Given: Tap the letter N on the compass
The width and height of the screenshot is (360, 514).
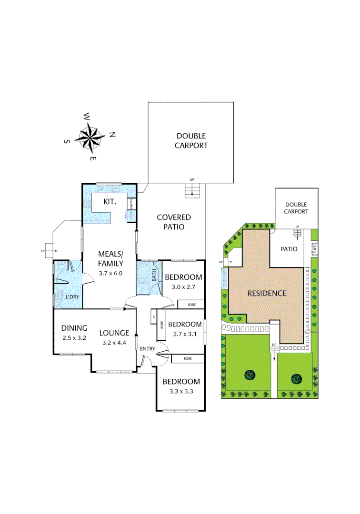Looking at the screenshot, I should (x=112, y=135).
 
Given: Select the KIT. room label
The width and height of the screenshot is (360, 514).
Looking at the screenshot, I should (x=110, y=202).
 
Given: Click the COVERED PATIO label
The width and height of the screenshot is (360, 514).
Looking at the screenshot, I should (x=174, y=222).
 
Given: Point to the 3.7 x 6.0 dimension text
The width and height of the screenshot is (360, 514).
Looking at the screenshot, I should (x=110, y=273).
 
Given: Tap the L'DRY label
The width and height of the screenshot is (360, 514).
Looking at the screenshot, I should (x=72, y=297).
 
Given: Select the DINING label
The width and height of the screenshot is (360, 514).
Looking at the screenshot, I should (x=74, y=328).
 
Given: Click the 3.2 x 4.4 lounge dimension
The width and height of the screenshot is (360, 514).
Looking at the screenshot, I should (x=114, y=342).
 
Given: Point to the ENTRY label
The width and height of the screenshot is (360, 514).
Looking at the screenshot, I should (x=148, y=349).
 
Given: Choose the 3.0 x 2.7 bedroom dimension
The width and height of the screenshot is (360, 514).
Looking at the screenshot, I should (x=183, y=287).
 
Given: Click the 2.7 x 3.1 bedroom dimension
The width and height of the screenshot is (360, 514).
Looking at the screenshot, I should (x=183, y=334).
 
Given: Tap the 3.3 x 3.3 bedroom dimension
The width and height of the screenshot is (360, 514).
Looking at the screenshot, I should (x=181, y=392).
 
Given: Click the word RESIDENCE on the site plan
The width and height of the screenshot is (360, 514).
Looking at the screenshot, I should (x=267, y=293).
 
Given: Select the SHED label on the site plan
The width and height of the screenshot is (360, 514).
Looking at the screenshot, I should (x=314, y=248).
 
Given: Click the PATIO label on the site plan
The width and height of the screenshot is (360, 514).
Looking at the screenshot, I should (x=289, y=249).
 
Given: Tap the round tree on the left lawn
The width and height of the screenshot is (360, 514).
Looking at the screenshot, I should (x=250, y=375).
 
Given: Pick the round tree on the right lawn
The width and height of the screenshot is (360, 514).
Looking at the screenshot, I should (x=296, y=379).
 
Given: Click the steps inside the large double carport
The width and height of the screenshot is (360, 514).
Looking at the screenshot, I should (x=192, y=191).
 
